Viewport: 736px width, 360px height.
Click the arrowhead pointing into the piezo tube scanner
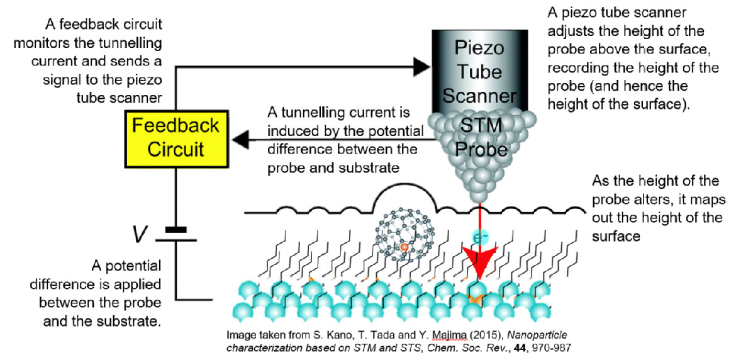tap(421, 64)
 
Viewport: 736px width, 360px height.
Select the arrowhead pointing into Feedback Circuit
tap(237, 140)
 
